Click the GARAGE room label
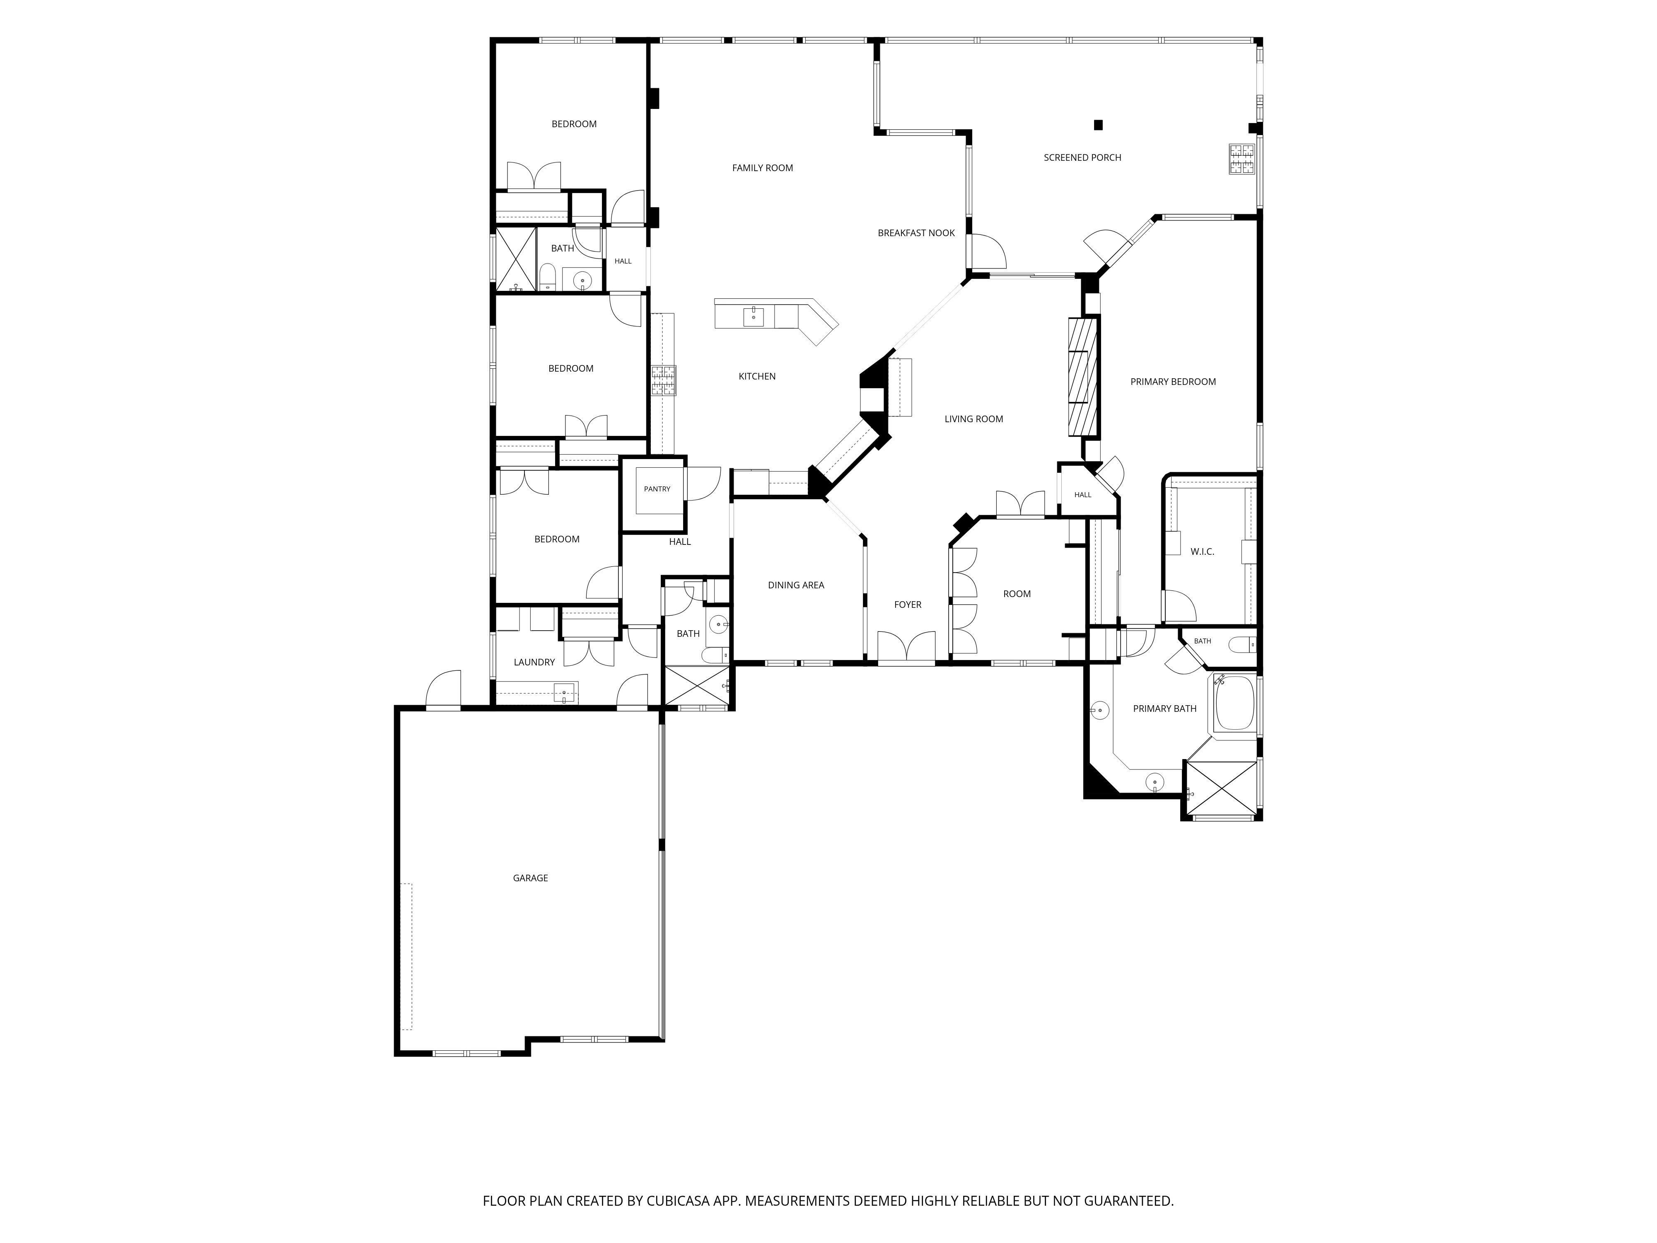530,878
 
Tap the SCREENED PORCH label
1082,157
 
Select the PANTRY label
657,488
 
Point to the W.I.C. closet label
1202,551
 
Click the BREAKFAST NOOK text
916,233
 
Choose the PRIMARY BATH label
1165,708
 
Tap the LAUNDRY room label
534,662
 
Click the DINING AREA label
795,585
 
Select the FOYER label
908,605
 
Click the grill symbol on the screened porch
1241,159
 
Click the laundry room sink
564,693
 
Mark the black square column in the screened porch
1098,124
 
